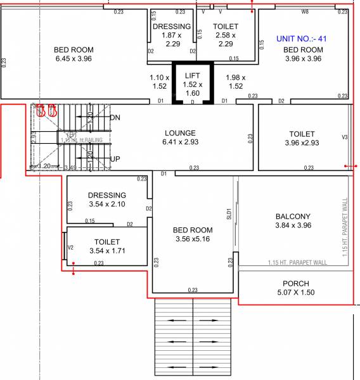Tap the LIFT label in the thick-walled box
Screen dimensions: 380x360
click(192, 75)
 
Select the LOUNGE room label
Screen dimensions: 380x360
click(180, 133)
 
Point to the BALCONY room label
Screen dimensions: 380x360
click(293, 216)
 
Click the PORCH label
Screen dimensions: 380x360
click(295, 283)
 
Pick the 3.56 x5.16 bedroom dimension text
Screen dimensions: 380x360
click(193, 239)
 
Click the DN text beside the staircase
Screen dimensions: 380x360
click(115, 118)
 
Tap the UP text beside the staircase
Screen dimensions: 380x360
click(115, 159)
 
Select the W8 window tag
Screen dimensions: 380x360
click(305, 11)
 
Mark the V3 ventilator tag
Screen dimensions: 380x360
click(345, 137)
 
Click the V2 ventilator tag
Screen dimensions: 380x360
click(71, 247)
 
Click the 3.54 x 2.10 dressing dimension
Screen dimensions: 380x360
click(107, 204)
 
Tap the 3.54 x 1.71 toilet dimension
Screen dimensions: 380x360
click(107, 251)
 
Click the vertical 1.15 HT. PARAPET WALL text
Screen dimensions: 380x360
click(345, 227)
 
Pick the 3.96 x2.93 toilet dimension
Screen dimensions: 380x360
click(302, 143)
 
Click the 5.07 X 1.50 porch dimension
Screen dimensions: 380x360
click(295, 293)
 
